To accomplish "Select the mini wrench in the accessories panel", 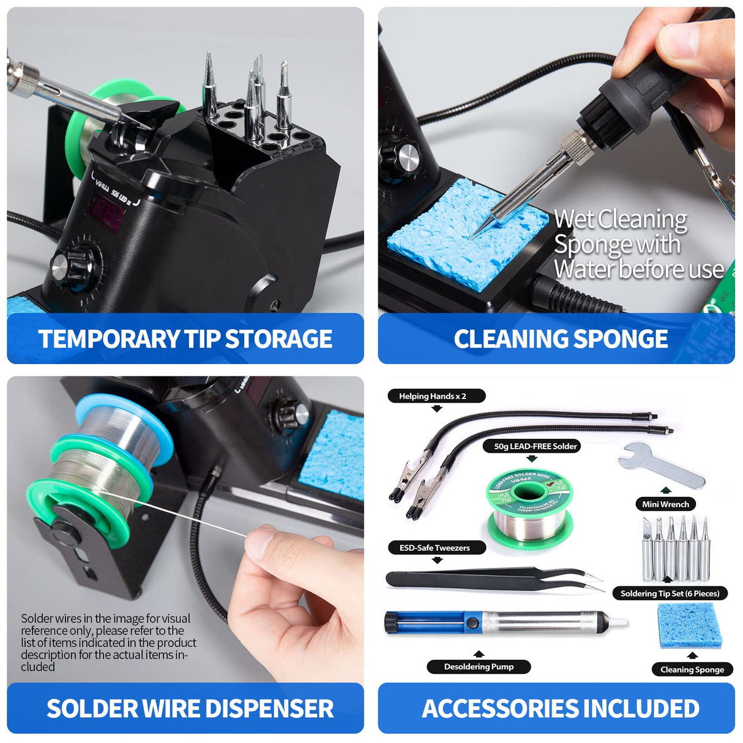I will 660,465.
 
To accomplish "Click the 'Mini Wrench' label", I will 665,504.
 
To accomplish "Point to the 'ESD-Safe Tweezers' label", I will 435,548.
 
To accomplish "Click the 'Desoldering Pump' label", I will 479,666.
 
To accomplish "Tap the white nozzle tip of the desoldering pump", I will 619,622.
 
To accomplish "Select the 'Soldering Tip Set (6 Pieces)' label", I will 670,593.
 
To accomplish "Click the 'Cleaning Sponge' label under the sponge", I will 692,670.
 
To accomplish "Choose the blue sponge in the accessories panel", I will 690,625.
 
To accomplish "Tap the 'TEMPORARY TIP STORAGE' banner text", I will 185,339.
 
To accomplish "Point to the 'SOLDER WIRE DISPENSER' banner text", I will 190,709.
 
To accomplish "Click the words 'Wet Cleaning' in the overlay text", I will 620,219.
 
